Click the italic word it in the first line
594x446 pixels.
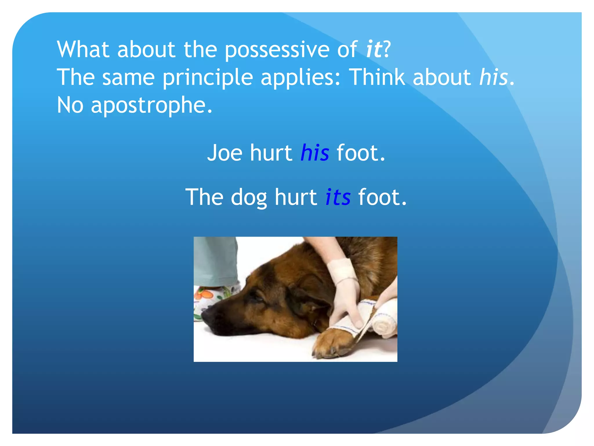[374, 49]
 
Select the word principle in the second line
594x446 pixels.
[207, 78]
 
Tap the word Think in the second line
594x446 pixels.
[376, 77]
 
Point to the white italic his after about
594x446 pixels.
[493, 77]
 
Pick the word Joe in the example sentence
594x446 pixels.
[224, 153]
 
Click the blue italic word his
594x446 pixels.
[315, 153]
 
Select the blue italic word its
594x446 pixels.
[338, 197]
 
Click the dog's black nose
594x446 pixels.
[209, 318]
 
